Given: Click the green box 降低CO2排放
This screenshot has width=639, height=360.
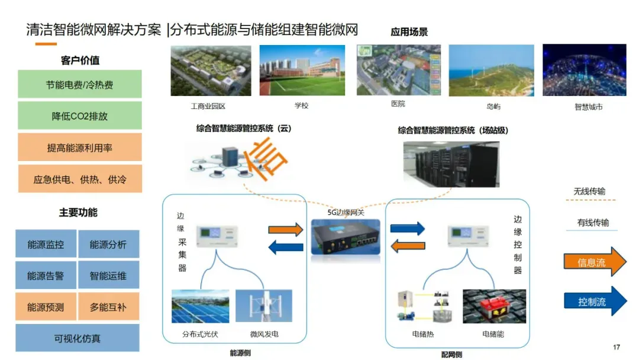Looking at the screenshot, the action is coord(80,116).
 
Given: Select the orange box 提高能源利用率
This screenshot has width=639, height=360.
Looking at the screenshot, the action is coord(80,147).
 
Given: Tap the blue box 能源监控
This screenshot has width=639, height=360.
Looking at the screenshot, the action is coord(46,245).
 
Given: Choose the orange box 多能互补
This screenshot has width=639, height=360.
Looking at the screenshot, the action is coord(109,307).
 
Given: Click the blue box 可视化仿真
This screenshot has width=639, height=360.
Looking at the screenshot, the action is coord(78,338).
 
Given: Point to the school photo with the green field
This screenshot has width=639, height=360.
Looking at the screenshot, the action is coord(302,70).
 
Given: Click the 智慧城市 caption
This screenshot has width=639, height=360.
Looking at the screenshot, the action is coord(588,107).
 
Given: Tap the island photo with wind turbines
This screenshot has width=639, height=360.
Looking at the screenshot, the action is coord(491,70).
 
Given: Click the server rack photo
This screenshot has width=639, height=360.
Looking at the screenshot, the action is coord(451,163).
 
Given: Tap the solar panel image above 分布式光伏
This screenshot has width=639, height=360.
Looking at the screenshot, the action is coord(200,306).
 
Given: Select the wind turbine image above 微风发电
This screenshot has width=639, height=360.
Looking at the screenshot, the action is coord(263,306).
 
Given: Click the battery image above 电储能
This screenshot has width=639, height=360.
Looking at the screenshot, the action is coord(494,306).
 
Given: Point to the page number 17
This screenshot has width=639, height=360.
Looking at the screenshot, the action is coord(617,347).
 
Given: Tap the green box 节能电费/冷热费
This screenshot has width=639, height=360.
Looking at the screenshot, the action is coord(80,85).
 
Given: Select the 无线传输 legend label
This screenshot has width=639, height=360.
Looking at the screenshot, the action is coord(589,192).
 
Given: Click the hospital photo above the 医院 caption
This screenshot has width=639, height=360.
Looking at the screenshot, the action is coord(399,69).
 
